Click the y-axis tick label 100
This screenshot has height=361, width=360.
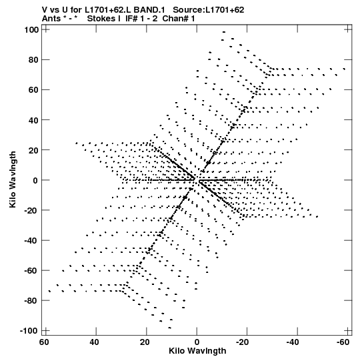[x=31, y=30]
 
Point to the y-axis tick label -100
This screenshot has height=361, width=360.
[x=29, y=331]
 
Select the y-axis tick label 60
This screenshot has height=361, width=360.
[x=33, y=90]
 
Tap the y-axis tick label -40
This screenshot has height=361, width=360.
[x=31, y=241]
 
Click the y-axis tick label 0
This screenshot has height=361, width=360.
[x=35, y=180]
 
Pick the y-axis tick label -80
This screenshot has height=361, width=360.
[x=31, y=301]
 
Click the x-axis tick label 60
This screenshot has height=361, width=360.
[x=44, y=342]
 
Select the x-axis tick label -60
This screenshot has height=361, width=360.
[x=343, y=342]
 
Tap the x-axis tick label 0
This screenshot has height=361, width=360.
[x=197, y=342]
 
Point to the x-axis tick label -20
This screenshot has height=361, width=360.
[x=242, y=342]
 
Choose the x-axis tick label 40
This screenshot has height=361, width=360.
[x=94, y=342]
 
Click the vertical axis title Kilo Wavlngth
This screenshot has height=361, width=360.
[x=13, y=179]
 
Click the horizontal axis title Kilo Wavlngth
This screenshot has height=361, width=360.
[x=197, y=351]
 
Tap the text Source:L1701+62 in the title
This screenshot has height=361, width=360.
[x=209, y=10]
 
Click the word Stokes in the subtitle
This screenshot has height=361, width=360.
[x=101, y=19]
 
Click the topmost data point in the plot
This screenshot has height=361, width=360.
[x=224, y=32]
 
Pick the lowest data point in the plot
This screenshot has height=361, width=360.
[x=170, y=328]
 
